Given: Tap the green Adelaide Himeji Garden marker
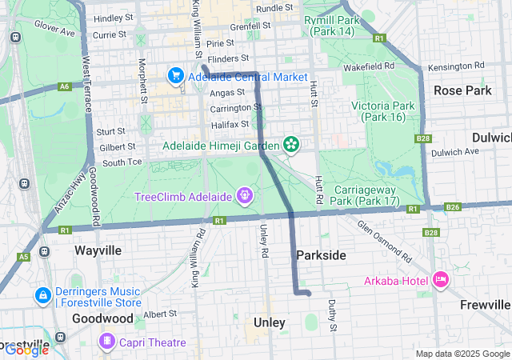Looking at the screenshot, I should coord(292,145).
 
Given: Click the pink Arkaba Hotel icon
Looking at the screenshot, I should coord(439,279).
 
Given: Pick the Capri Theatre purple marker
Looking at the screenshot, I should coord(106,342).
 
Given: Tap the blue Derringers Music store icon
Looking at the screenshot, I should coord(41,295).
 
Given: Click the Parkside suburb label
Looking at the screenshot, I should coord(321,254).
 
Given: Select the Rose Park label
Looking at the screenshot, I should coord(462,90).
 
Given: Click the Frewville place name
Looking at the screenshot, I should coord(486,305).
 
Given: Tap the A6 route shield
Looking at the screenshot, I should coord(65,86).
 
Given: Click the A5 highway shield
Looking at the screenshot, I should coord(24,256).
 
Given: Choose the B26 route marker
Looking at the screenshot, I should coord(453,207).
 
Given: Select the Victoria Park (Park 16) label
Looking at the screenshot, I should coord(382,111).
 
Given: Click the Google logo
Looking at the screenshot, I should coord(26,349).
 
